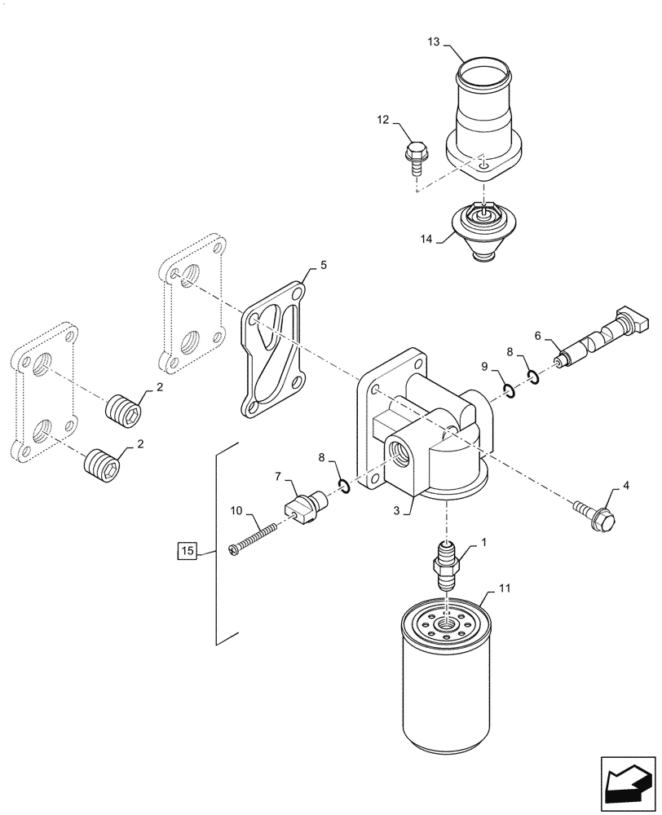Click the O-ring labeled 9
(508, 393)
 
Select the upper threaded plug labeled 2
(125, 407)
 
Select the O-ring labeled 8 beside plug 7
(345, 487)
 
